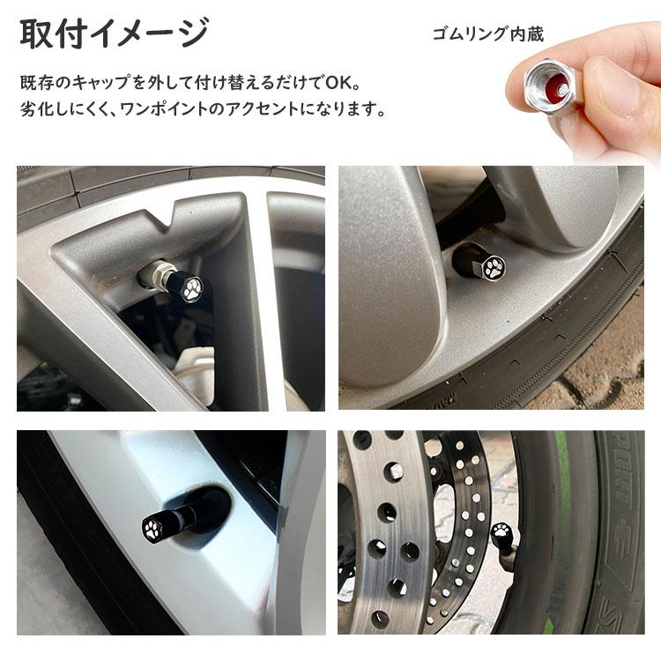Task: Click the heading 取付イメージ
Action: pyautogui.click(x=114, y=34)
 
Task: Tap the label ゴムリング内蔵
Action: pyautogui.click(x=487, y=34)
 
